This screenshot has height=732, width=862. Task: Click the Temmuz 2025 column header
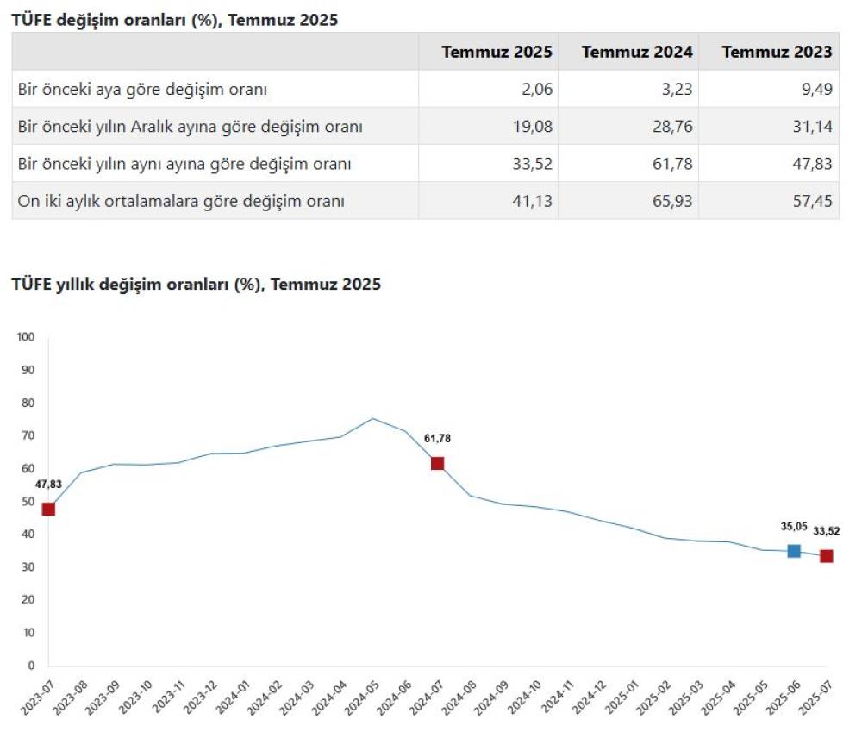tap(497, 52)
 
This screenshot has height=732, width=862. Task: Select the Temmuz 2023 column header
tap(777, 52)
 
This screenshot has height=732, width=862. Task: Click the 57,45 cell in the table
tap(815, 201)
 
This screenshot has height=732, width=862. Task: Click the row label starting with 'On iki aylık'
tap(181, 201)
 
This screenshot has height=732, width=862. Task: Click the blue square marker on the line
tap(794, 551)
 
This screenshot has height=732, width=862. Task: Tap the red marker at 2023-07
tap(48, 509)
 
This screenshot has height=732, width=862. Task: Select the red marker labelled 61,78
tap(437, 463)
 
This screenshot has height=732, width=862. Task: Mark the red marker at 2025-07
tap(826, 556)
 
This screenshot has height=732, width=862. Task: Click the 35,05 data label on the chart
tap(794, 526)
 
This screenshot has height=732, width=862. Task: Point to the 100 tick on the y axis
tap(25, 337)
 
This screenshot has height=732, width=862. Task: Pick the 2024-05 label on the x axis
tap(362, 694)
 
